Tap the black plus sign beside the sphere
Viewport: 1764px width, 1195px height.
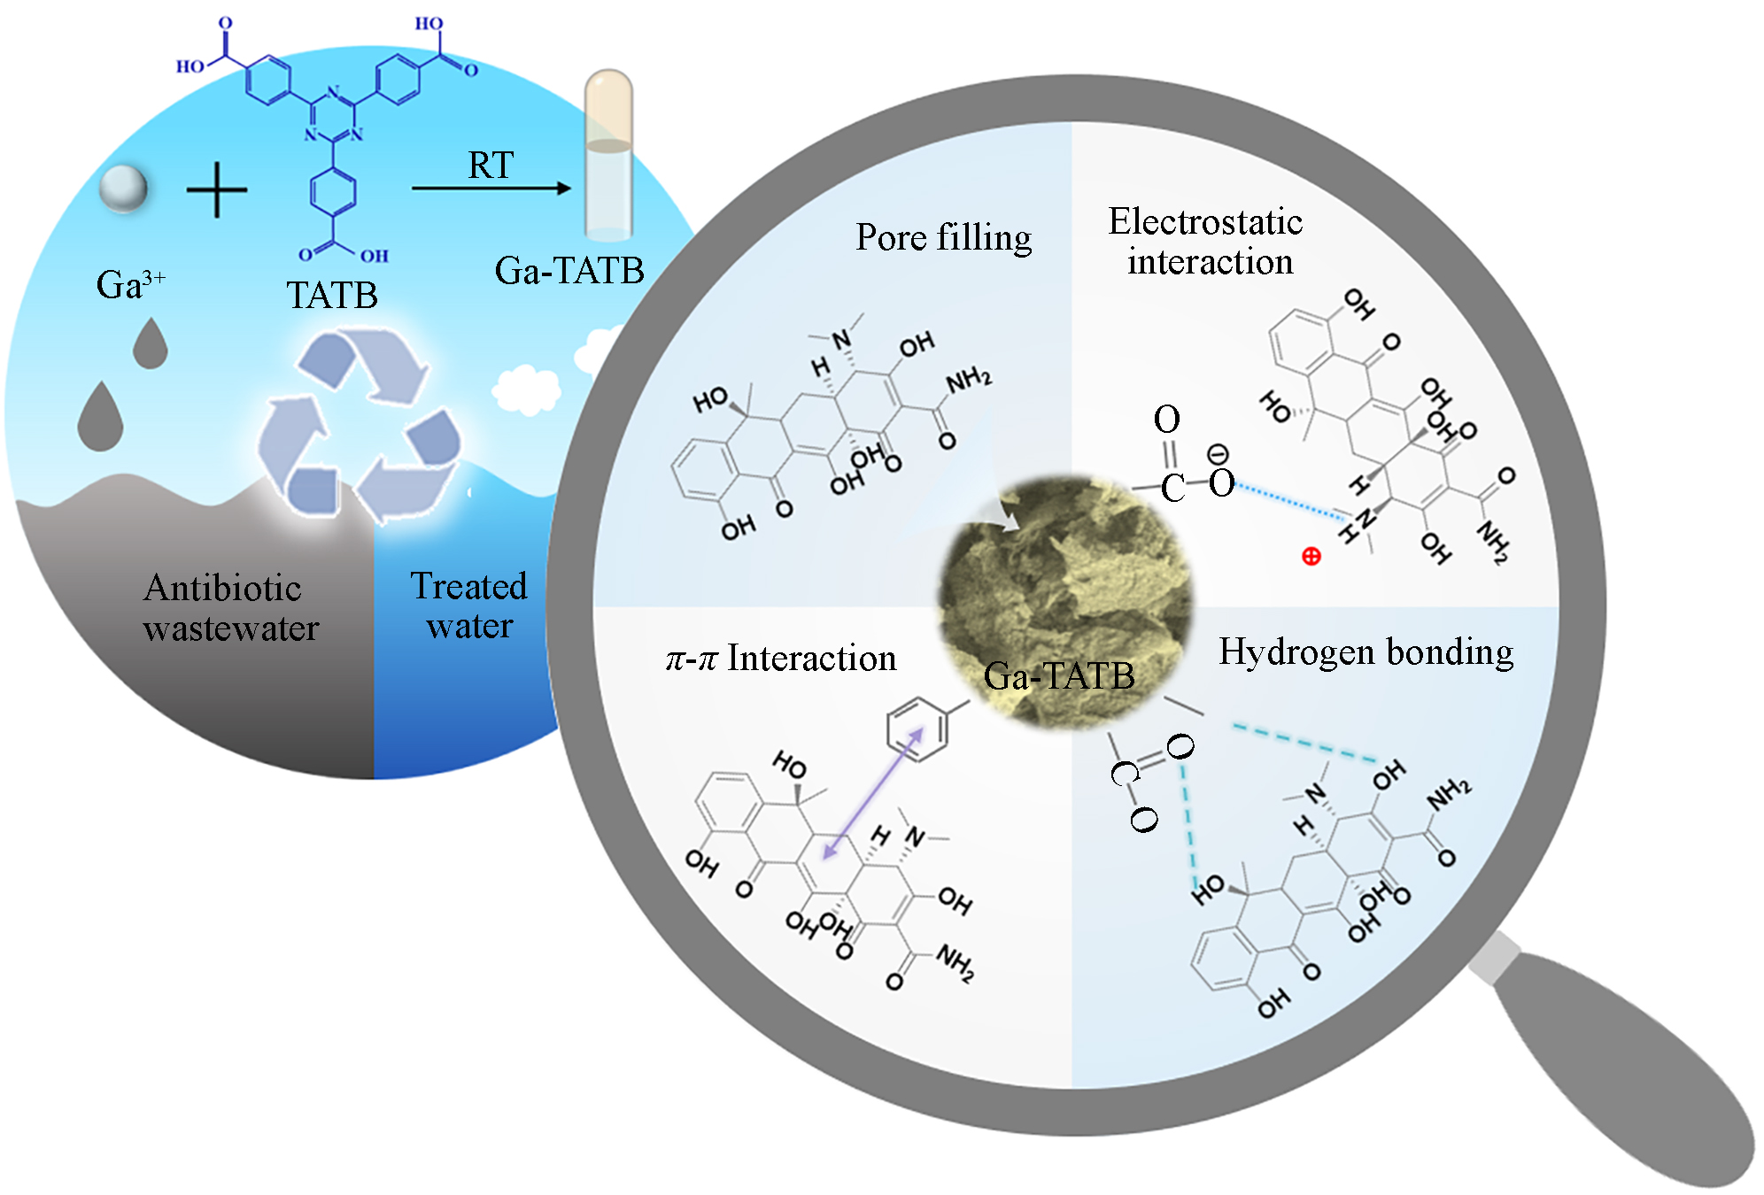point(217,189)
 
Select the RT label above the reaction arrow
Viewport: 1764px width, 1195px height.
point(491,166)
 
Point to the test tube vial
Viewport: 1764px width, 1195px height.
point(608,155)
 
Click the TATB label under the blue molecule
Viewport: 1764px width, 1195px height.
point(332,296)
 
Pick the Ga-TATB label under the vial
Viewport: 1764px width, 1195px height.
point(569,271)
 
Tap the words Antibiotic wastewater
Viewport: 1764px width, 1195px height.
point(230,608)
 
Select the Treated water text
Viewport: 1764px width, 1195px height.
point(468,606)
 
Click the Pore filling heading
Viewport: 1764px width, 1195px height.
point(943,237)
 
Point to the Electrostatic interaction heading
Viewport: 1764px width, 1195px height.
point(1206,242)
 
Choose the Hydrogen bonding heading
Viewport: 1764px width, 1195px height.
point(1366,651)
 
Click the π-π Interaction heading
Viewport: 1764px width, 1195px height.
point(781,659)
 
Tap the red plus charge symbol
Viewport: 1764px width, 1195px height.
point(1311,556)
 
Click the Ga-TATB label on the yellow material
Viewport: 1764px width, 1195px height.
point(1059,676)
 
